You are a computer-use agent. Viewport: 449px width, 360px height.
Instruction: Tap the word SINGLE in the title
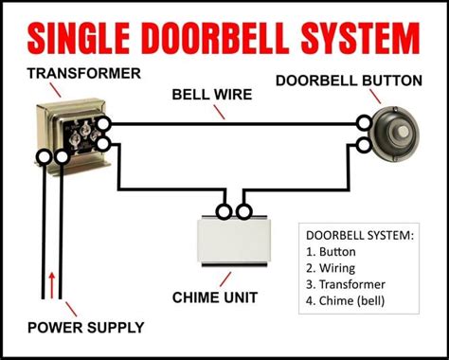pyautogui.click(x=80, y=39)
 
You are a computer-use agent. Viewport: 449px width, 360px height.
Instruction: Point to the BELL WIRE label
pyautogui.click(x=210, y=94)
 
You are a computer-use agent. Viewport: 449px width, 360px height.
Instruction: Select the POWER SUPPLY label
pyautogui.click(x=86, y=328)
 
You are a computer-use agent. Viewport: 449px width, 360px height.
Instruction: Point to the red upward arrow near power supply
pyautogui.click(x=51, y=281)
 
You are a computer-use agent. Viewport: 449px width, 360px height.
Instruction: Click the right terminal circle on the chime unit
pyautogui.click(x=244, y=210)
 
